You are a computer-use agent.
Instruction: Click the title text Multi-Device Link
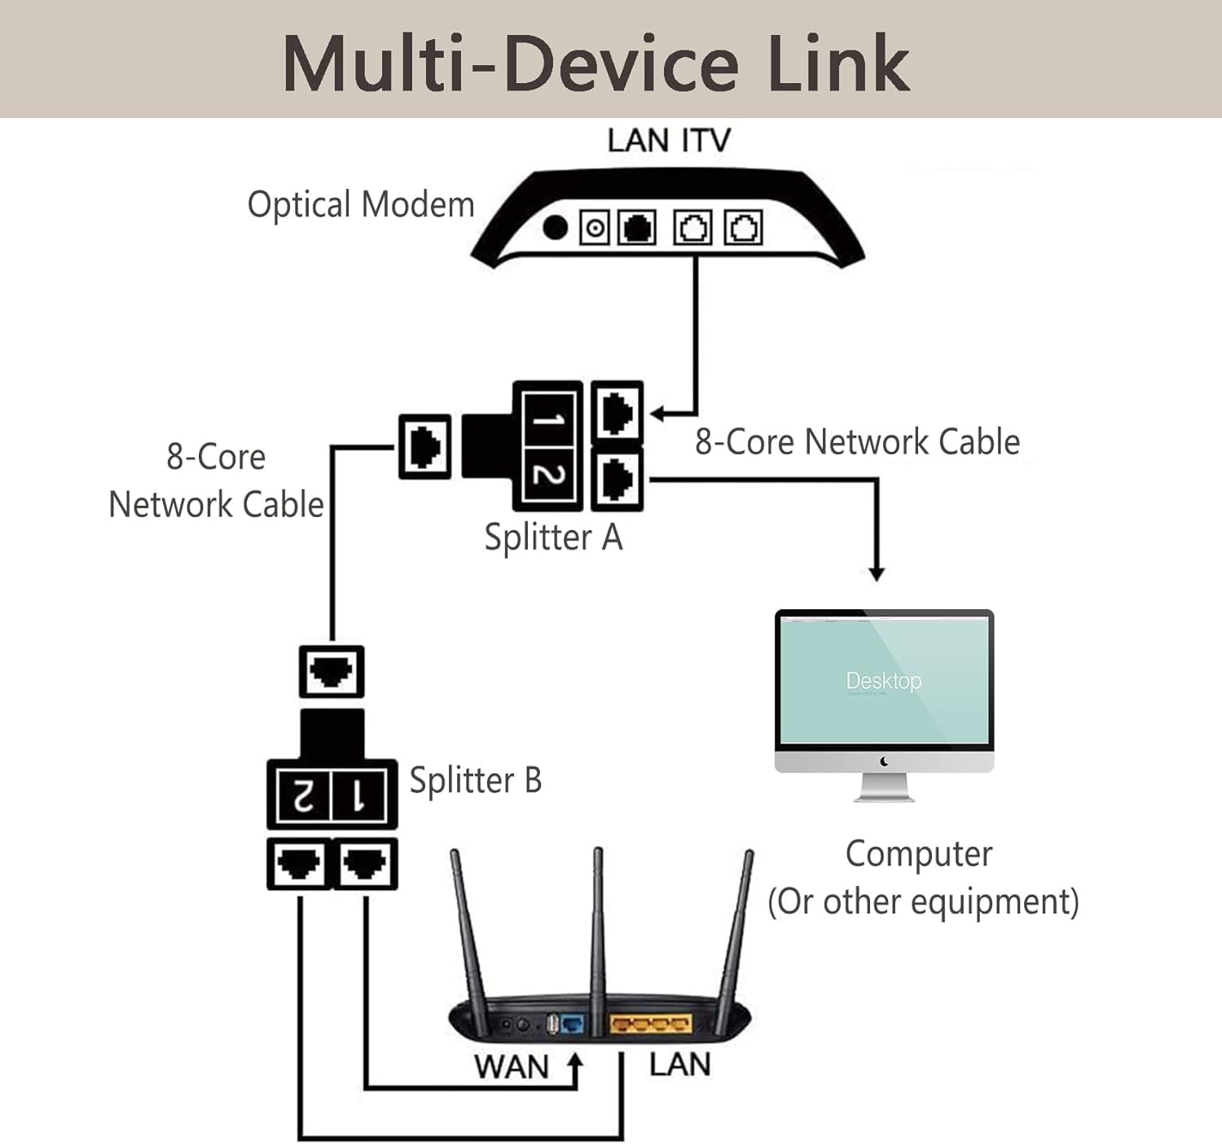pos(596,64)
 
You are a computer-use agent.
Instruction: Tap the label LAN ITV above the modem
pos(668,140)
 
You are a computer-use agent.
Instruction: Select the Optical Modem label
pos(360,204)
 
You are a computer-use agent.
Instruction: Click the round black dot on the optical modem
pos(555,227)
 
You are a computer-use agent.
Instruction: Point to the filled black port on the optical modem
pos(637,228)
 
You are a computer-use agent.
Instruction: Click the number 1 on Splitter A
pos(548,420)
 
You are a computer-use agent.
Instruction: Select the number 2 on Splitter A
pos(548,475)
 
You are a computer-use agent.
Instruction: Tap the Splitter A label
pos(553,537)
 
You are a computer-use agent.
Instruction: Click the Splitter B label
pos(475,780)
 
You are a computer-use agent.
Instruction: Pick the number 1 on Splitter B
pos(358,796)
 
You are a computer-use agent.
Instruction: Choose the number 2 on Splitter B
pos(302,796)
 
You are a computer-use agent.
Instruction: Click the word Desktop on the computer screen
pos(884,681)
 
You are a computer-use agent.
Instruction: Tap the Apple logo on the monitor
pos(884,761)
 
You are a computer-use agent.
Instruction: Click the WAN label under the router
pos(512,1067)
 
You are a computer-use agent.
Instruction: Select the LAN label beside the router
pos(679,1064)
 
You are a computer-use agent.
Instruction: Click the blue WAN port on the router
pos(574,1024)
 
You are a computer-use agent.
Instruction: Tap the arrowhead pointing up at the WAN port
pos(576,1061)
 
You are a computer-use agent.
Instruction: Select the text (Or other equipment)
pos(923,901)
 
